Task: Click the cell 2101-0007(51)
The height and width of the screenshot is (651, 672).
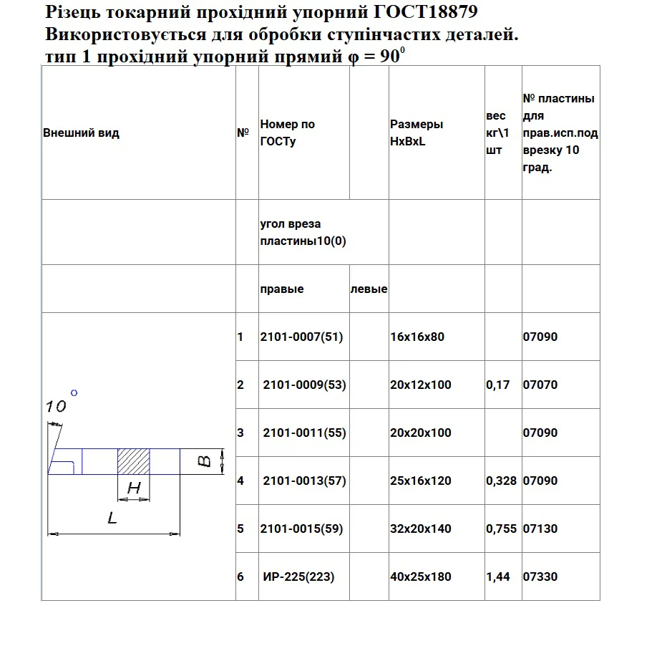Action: click(x=301, y=337)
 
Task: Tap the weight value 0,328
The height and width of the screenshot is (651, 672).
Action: click(x=501, y=481)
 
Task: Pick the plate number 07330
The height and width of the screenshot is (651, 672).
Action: click(x=540, y=577)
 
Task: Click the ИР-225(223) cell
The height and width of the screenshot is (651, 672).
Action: click(x=298, y=577)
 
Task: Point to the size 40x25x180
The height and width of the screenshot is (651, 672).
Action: click(x=420, y=577)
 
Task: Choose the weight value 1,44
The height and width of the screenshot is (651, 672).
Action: click(x=498, y=577)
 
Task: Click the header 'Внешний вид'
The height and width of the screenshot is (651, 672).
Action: click(x=81, y=133)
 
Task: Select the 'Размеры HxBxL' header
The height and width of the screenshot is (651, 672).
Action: click(x=416, y=132)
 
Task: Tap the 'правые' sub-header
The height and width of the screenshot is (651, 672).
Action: click(x=281, y=289)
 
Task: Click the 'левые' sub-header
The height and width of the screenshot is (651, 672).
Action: click(x=369, y=289)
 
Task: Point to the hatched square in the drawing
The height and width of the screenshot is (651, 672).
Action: click(x=133, y=461)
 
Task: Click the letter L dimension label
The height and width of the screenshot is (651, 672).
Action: click(x=112, y=518)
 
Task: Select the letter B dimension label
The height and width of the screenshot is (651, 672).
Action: click(x=204, y=461)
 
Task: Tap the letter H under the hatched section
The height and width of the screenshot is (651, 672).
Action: click(x=133, y=489)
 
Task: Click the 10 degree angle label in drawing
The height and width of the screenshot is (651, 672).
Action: click(x=56, y=407)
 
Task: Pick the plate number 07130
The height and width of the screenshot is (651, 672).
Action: click(x=540, y=529)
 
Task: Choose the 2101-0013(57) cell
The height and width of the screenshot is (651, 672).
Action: click(x=304, y=481)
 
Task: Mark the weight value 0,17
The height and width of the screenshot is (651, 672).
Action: click(x=497, y=385)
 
